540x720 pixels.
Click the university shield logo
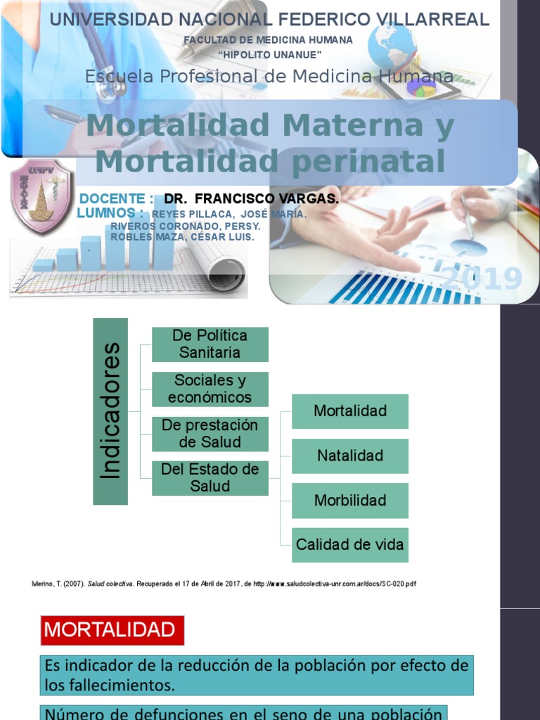click(41, 198)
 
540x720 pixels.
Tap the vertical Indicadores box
click(110, 411)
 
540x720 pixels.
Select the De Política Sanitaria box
click(210, 344)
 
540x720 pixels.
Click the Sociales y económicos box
click(210, 389)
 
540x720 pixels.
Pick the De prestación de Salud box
click(210, 434)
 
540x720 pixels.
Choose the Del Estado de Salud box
click(210, 478)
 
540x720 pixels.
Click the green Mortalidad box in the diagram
click(350, 411)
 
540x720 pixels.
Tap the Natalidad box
click(350, 456)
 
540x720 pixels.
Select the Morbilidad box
click(350, 501)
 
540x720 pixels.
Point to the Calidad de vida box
click(350, 545)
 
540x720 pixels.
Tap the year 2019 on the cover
click(482, 279)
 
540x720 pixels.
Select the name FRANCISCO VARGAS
click(266, 199)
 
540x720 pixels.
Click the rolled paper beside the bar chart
click(219, 268)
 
